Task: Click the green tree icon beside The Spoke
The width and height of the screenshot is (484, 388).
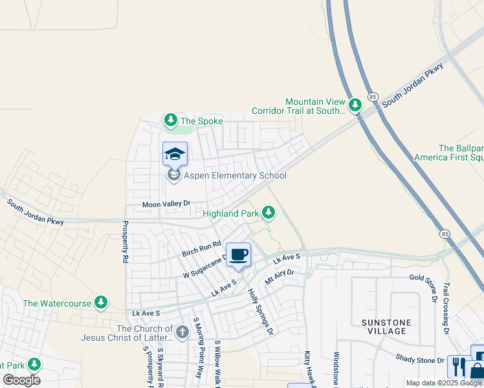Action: (x=170, y=120)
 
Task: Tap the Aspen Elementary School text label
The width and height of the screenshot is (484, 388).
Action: (x=236, y=176)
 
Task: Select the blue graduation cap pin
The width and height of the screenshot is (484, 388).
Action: (x=175, y=155)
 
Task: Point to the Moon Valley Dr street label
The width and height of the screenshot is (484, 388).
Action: (x=166, y=204)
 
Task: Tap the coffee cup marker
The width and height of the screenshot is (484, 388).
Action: (x=238, y=254)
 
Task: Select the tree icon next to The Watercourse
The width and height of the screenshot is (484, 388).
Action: (x=100, y=302)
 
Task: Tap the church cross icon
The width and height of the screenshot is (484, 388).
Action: (x=182, y=332)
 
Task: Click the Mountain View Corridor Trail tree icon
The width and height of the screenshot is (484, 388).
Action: (x=355, y=105)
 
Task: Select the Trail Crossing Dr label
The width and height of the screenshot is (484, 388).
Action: (x=446, y=308)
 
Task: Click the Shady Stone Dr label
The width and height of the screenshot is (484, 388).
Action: (x=420, y=360)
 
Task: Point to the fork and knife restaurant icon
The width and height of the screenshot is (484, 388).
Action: (x=457, y=367)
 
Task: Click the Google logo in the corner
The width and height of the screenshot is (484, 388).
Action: (x=21, y=380)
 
